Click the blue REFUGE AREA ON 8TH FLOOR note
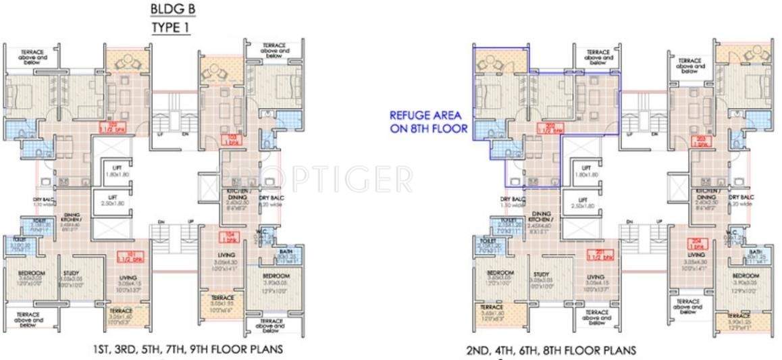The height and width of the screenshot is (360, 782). pos(428,121)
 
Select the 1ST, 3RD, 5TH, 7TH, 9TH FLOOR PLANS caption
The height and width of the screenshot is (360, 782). pos(187,349)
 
